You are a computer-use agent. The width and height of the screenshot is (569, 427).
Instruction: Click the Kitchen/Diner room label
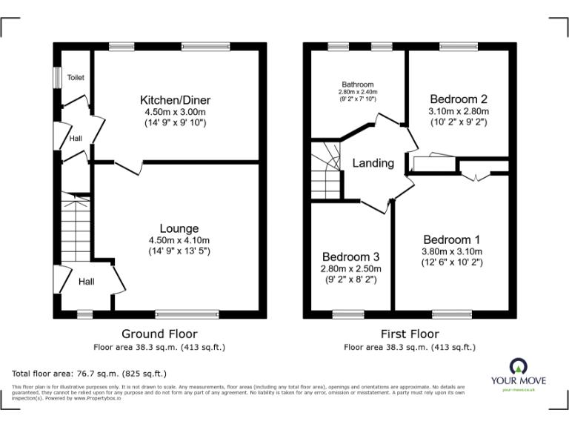click(x=176, y=99)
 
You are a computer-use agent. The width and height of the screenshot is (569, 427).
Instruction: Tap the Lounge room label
click(x=179, y=228)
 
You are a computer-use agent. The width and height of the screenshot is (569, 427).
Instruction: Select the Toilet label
click(x=76, y=77)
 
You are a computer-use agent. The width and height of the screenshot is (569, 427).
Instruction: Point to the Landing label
click(x=373, y=163)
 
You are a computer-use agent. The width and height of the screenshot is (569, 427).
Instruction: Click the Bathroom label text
click(x=358, y=85)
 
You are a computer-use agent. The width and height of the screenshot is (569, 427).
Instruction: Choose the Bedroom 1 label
click(x=452, y=239)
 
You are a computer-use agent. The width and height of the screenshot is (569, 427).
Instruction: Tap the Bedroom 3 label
click(x=350, y=256)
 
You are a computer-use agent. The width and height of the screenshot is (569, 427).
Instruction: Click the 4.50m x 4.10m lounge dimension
click(x=179, y=240)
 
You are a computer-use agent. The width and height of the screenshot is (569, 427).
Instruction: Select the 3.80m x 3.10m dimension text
click(x=452, y=251)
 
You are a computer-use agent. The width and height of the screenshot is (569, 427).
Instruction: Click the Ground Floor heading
click(x=160, y=334)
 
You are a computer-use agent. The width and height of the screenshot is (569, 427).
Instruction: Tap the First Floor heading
click(x=410, y=334)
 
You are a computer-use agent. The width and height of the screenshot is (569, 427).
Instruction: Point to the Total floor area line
click(x=90, y=374)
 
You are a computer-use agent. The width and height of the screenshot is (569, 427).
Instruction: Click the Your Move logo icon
click(x=518, y=365)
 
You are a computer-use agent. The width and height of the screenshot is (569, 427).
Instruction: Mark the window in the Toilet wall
click(x=56, y=78)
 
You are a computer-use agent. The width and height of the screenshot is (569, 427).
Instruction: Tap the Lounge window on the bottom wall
click(x=187, y=314)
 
